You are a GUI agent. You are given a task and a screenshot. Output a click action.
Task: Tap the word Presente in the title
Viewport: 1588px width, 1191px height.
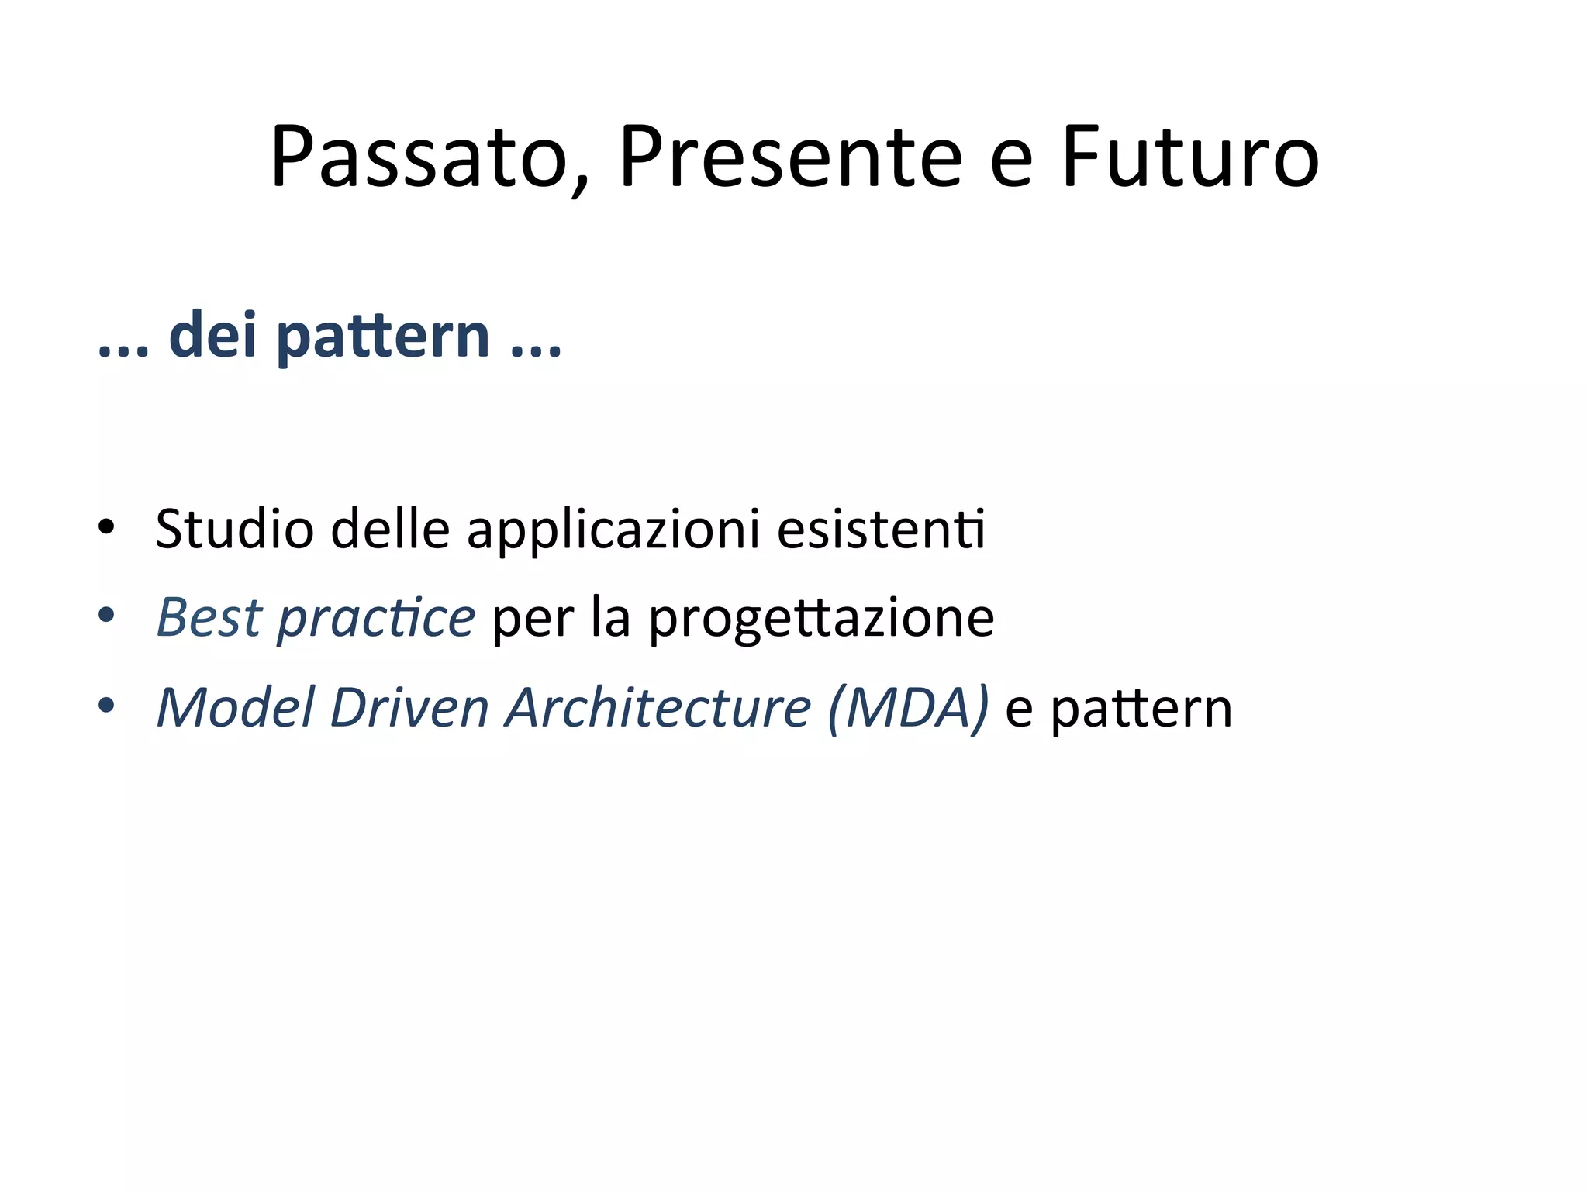790,158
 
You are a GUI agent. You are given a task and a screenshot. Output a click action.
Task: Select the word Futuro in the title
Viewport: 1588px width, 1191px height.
1189,158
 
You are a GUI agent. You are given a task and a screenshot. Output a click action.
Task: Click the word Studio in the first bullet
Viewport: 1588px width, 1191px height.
234,530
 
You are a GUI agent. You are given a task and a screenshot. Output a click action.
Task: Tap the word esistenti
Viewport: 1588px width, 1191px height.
881,530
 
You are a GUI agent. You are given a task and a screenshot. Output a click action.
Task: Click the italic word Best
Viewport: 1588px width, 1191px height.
209,618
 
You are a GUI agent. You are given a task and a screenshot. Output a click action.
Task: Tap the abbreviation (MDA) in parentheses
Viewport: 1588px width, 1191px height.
908,708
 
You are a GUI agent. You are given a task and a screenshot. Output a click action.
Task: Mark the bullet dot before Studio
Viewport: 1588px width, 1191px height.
106,527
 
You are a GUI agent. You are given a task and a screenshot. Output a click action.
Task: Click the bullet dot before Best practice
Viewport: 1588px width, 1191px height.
106,616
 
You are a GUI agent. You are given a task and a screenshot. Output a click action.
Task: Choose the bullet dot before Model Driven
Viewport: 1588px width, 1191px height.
106,706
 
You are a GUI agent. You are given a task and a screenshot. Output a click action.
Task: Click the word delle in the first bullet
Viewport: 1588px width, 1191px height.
390,530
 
